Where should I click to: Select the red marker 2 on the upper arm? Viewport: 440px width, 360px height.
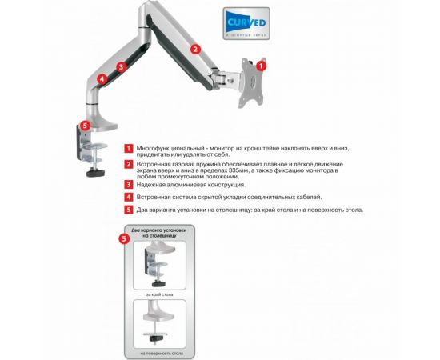pyautogui.click(x=195, y=49)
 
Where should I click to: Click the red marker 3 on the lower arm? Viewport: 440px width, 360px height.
pyautogui.click(x=121, y=68)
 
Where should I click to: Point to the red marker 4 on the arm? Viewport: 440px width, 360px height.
pyautogui.click(x=102, y=79)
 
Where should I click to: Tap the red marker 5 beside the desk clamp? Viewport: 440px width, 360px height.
pyautogui.click(x=84, y=125)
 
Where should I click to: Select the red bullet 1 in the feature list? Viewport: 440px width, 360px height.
pyautogui.click(x=128, y=149)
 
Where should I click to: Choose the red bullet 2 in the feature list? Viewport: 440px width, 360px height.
pyautogui.click(x=128, y=165)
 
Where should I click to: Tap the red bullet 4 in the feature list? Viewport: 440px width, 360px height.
pyautogui.click(x=128, y=197)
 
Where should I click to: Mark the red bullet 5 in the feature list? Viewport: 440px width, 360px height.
pyautogui.click(x=128, y=210)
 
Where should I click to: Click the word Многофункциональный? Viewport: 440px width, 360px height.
pyautogui.click(x=163, y=149)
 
